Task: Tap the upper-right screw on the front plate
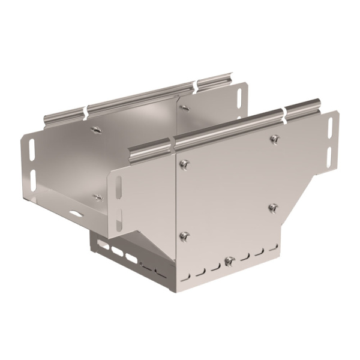[x=274, y=139]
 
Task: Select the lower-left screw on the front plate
[x=185, y=236]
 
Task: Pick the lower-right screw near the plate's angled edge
[x=273, y=208]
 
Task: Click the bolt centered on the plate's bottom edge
[x=229, y=262]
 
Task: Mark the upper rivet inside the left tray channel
[x=95, y=128]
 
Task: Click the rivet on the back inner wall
[x=185, y=108]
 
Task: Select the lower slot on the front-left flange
[x=119, y=220]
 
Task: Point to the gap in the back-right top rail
[x=196, y=87]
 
